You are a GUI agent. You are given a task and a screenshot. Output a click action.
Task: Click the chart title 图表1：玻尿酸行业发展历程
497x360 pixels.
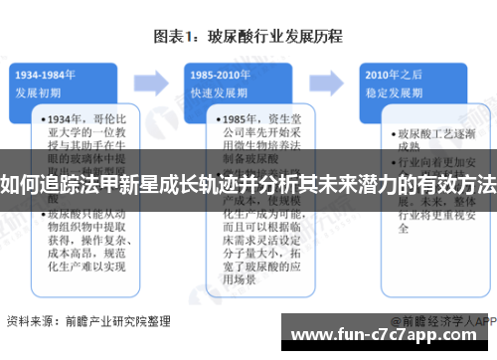coord(248,37)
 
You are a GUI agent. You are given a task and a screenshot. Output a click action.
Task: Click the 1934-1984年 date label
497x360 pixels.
coord(47,74)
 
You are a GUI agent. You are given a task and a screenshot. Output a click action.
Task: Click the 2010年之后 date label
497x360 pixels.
coord(393,74)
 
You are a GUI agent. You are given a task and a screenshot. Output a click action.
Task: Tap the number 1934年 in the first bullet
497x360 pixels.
coord(64,117)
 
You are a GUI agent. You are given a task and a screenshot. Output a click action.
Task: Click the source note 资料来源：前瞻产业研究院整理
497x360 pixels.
coord(88,321)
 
